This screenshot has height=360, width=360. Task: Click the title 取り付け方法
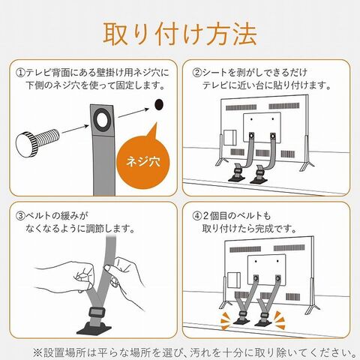pos(180,34)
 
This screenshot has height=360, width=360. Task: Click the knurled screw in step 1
pos(37,142)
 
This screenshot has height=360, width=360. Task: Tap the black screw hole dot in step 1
pos(159,104)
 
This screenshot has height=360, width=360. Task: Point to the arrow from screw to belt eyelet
pos(75,129)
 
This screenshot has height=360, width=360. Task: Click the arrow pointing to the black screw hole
pos(133,112)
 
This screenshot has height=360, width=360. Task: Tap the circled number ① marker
pos(20,73)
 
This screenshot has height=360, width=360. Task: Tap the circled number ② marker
pos(196,73)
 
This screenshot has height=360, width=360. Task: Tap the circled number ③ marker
pos(20,215)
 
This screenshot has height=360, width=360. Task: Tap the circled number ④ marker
pos(196,215)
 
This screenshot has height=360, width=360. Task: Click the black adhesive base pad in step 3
pos(94,328)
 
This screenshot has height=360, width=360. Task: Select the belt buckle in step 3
pos(97,313)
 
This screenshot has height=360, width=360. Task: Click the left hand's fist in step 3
pos(84,276)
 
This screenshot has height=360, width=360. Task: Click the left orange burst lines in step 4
pos(226,321)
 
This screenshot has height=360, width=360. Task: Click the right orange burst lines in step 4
pos(280,319)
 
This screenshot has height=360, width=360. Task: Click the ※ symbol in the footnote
pos(37,352)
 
